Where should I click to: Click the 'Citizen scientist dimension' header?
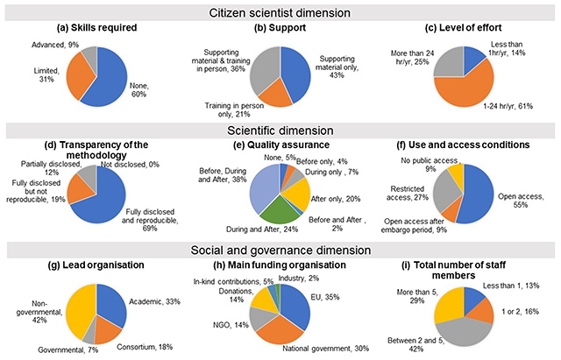click(280, 11)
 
